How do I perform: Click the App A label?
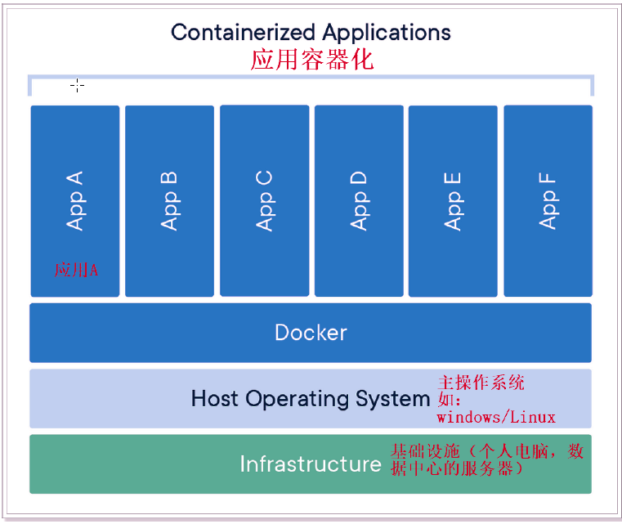click(75, 200)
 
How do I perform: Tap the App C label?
click(264, 200)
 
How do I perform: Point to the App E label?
click(453, 200)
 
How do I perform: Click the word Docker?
click(311, 333)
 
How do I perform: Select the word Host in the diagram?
click(215, 399)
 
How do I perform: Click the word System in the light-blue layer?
click(393, 399)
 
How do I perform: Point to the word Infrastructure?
click(311, 464)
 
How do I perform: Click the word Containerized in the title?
click(243, 33)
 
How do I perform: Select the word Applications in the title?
click(386, 33)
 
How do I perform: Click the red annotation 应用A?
click(76, 270)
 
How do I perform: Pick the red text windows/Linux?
click(495, 418)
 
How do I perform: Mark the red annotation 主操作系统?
click(481, 383)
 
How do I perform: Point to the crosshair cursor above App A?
click(77, 85)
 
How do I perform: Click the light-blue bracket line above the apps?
click(311, 77)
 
